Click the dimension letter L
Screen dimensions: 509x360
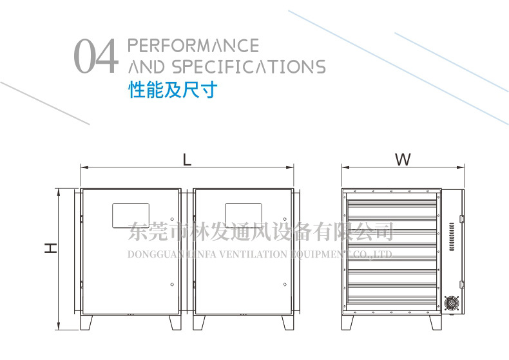pos(187,159)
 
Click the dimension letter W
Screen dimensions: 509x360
pos(403,159)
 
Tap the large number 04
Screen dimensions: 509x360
pos(97,56)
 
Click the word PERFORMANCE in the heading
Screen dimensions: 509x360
pos(194,46)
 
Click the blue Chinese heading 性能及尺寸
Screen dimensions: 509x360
pos(173,89)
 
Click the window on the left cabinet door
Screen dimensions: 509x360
pos(131,215)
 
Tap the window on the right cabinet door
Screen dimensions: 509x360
pos(243,215)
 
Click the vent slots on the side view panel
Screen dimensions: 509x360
pos(452,236)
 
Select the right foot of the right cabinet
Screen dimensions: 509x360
pos(285,321)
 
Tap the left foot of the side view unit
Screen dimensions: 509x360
pos(348,321)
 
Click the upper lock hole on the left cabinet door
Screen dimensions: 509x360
pos(172,216)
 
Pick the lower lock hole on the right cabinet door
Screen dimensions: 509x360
pos(284,283)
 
